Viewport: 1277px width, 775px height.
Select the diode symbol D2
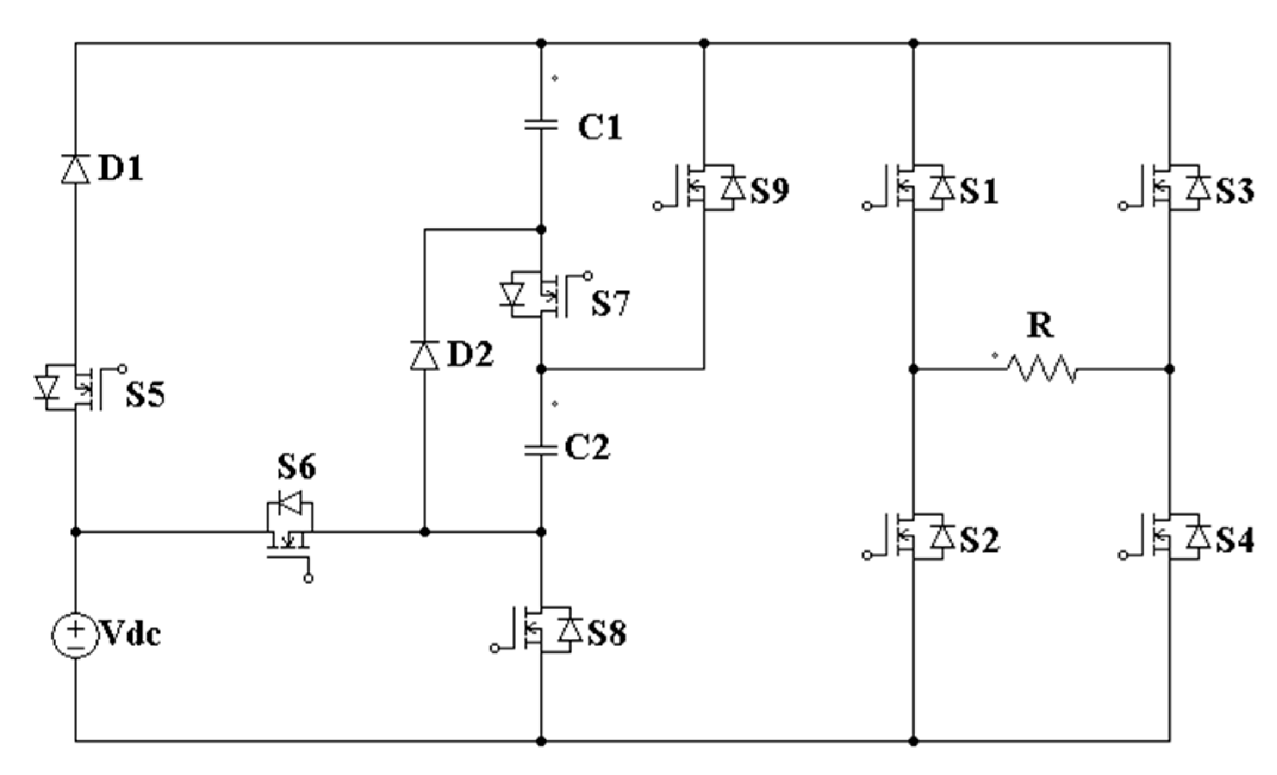point(425,355)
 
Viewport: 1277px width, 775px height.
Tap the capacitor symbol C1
point(541,125)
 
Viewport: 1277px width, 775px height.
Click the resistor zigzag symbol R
point(1041,369)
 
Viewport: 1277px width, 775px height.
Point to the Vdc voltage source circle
point(75,636)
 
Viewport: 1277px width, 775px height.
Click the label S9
point(770,190)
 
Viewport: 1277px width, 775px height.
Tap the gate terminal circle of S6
point(308,578)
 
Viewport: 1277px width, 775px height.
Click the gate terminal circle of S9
point(657,206)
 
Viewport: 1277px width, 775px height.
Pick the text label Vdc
point(132,634)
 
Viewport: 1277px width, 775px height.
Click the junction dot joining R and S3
point(1169,369)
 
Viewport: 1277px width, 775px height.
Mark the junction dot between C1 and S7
point(541,229)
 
